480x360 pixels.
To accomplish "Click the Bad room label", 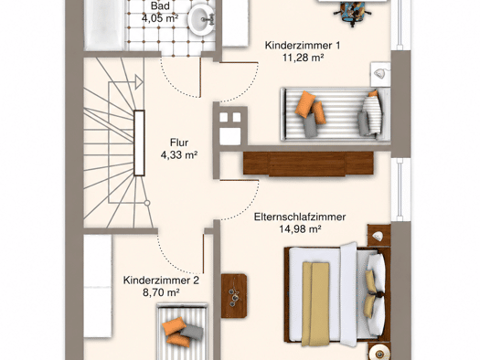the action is click(160, 5).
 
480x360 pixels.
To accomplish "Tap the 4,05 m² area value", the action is click(160, 18).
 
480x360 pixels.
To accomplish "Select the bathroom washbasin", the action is click(200, 19).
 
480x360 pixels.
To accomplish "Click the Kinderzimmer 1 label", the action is click(303, 46).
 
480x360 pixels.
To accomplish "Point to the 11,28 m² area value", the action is click(303, 58).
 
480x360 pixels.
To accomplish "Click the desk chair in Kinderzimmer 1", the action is click(353, 13).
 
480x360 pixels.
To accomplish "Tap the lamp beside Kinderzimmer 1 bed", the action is click(381, 74).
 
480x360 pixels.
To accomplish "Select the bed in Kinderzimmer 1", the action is click(336, 114).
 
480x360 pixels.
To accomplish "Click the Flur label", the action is click(179, 143).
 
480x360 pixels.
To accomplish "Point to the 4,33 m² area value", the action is click(179, 155).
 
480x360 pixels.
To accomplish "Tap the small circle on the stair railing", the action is click(147, 203).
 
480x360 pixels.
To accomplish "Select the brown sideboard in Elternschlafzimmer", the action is click(308, 164).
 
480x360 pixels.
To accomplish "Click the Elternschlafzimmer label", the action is click(300, 217).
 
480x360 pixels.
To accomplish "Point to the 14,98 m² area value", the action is click(300, 228).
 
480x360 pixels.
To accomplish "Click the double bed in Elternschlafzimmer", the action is click(336, 294).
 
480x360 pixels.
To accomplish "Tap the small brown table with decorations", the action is click(234, 296).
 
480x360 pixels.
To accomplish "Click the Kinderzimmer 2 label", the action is click(161, 281).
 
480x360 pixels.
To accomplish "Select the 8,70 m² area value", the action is click(161, 292).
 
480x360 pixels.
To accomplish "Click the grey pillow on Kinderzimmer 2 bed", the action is click(192, 332).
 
